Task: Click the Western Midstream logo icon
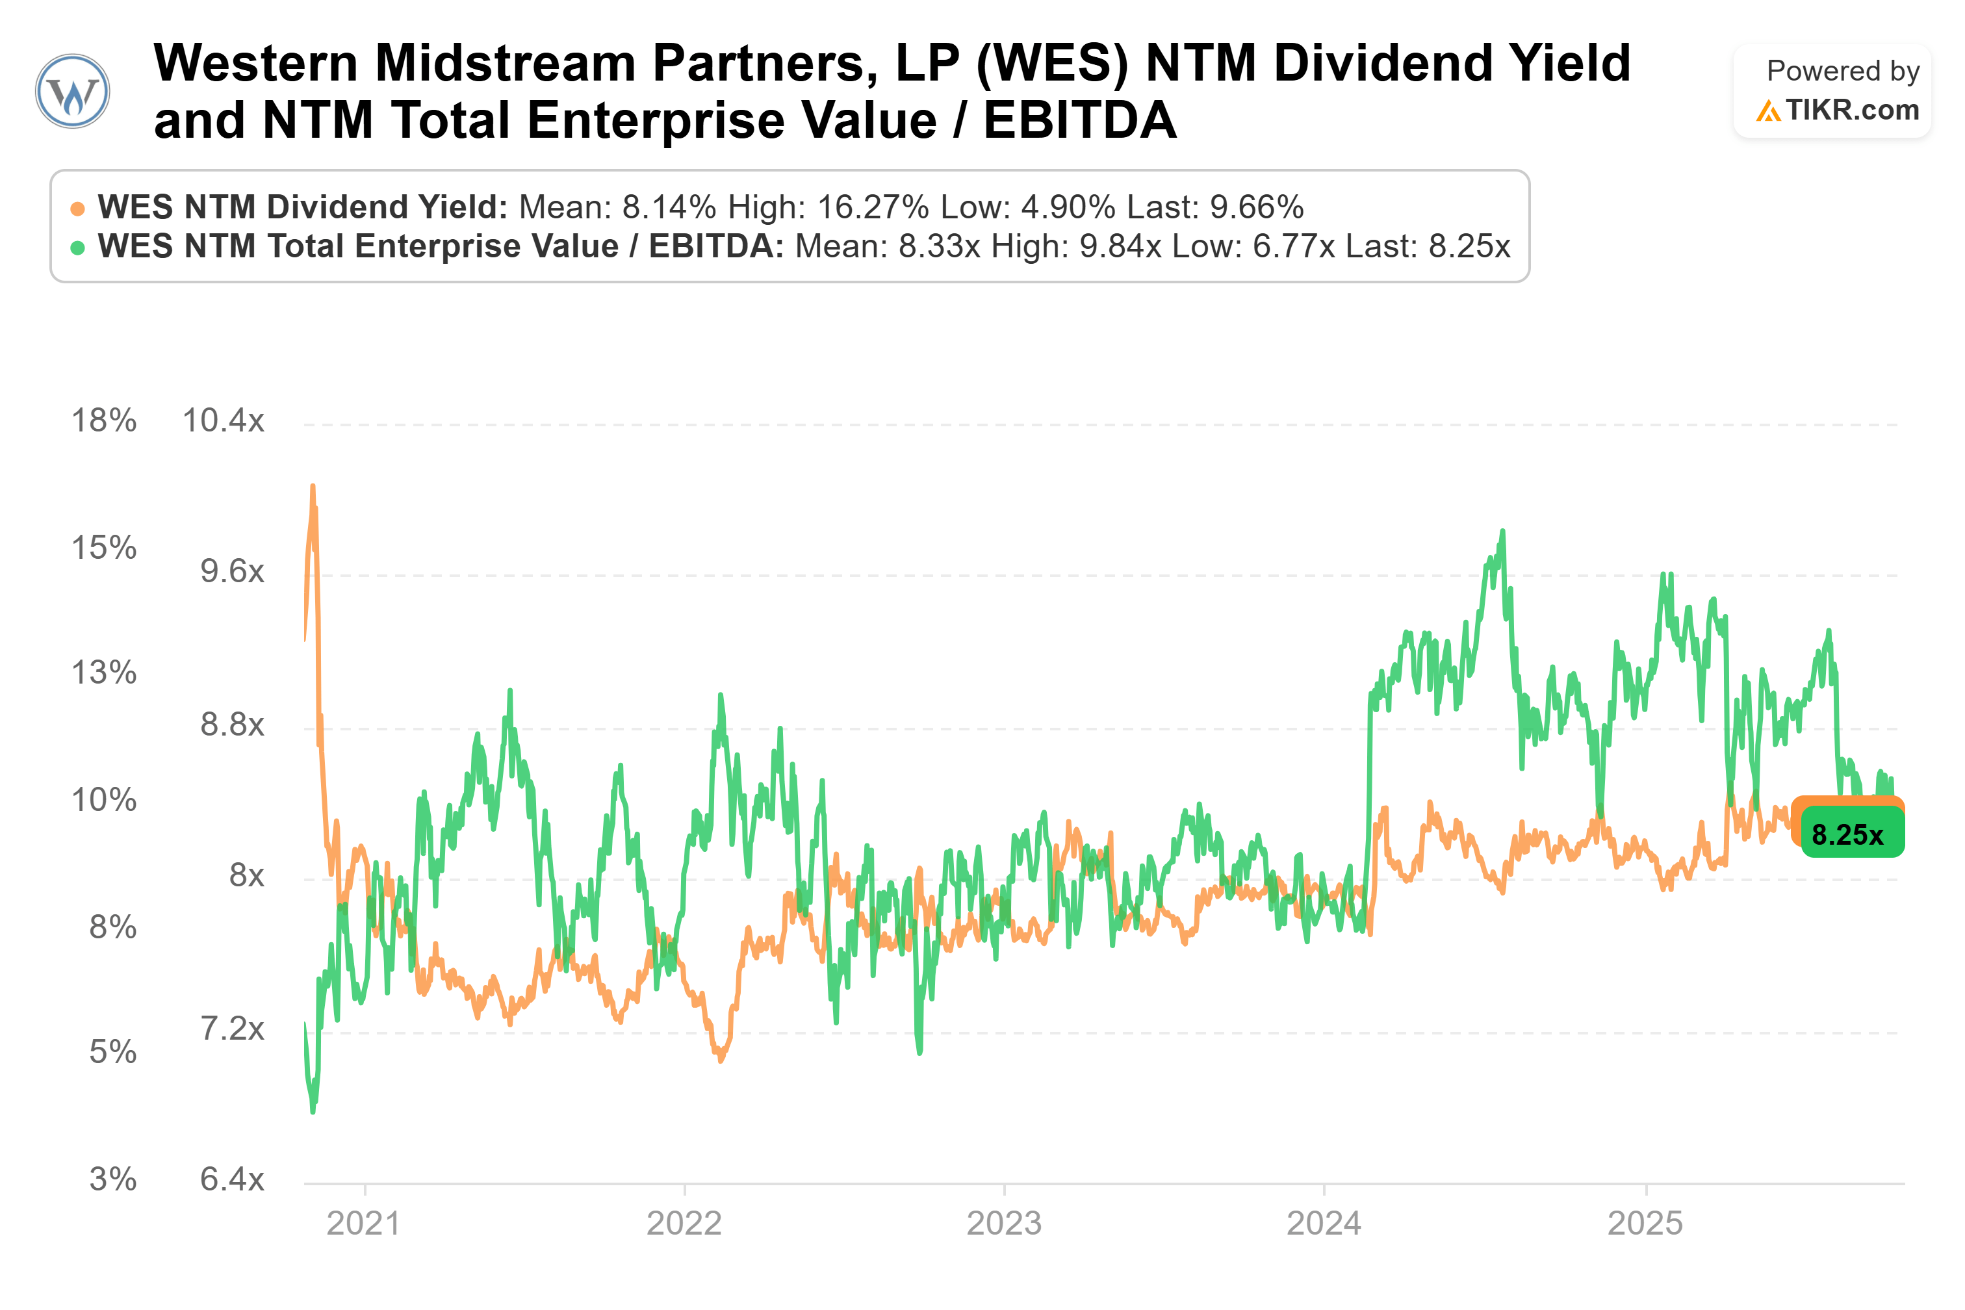(73, 91)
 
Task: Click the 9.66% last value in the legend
(1257, 207)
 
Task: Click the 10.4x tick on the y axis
(223, 420)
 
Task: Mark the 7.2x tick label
(231, 1029)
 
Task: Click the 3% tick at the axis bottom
(113, 1179)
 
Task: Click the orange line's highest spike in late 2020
(313, 486)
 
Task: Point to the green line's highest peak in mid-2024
(1502, 532)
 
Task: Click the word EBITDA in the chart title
(1079, 120)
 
